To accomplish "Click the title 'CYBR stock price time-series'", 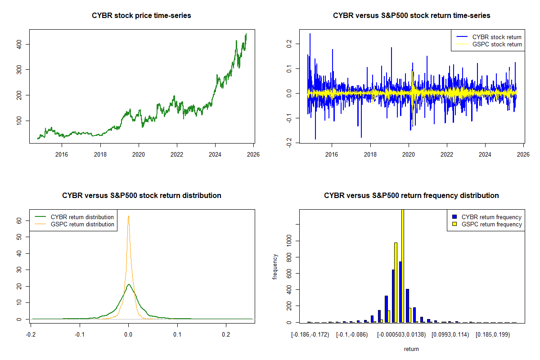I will [142, 16].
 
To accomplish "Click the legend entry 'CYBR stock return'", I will [497, 37].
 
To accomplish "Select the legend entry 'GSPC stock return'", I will [497, 44].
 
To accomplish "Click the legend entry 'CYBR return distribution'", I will [82, 217].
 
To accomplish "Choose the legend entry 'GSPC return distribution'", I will [82, 224].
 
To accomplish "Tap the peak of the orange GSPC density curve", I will [128, 216].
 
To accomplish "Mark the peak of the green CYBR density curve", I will [129, 284].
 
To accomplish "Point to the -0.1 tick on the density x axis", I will [80, 335].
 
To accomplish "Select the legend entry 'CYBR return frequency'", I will [491, 217].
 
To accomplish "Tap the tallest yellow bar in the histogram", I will [402, 265].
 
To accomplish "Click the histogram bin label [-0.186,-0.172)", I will [310, 335].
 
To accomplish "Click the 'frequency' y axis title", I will [275, 266].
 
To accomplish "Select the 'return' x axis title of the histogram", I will [411, 349].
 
